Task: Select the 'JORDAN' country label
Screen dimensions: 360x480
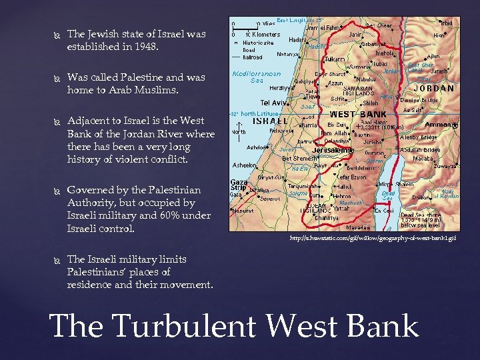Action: [433, 88]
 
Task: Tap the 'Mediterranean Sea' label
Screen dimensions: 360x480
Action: [257, 77]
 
